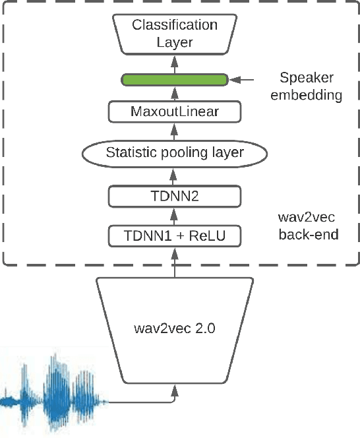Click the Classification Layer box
pos(175,34)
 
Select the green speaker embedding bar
pos(175,80)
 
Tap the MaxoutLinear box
pos(175,112)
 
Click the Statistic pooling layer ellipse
pos(175,153)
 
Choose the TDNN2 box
pos(175,196)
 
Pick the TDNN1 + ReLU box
pos(175,235)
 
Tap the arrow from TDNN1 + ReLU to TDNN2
pos(175,216)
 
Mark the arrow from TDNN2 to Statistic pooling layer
pos(175,175)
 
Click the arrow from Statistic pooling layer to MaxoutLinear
pos(175,132)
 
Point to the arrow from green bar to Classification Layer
pos(175,65)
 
